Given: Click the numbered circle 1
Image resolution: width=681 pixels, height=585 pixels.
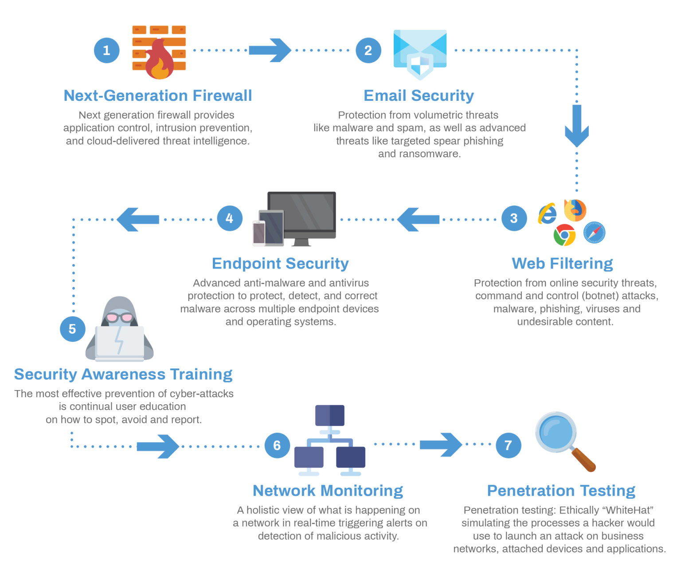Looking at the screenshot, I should [106, 50].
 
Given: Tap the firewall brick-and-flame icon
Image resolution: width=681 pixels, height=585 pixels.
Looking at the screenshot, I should [159, 52].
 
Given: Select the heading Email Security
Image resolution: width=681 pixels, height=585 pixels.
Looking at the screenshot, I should [419, 95].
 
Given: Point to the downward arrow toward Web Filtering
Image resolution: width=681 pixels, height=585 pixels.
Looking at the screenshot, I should [576, 126].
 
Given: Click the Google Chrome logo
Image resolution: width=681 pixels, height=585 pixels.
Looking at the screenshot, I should [564, 235].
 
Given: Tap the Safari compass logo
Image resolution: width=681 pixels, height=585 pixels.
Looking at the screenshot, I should [594, 232].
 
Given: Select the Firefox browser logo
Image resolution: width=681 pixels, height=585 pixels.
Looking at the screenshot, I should [575, 210].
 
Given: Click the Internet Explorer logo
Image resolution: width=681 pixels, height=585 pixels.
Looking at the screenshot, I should [548, 214].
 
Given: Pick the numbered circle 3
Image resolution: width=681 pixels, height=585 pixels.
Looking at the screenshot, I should [514, 218].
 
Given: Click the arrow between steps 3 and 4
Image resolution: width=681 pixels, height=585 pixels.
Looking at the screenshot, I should [418, 219].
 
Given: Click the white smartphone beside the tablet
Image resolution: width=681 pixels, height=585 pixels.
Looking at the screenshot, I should [259, 233].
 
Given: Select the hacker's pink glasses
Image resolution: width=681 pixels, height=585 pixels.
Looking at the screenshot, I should [119, 317].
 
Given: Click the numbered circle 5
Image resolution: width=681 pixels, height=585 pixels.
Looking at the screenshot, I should [72, 329].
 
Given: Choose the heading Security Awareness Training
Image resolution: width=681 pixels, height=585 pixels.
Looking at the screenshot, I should [123, 374].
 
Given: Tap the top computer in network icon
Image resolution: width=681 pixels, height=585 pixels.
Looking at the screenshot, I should [329, 415].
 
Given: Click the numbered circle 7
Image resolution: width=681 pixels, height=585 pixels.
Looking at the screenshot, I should [508, 445].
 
